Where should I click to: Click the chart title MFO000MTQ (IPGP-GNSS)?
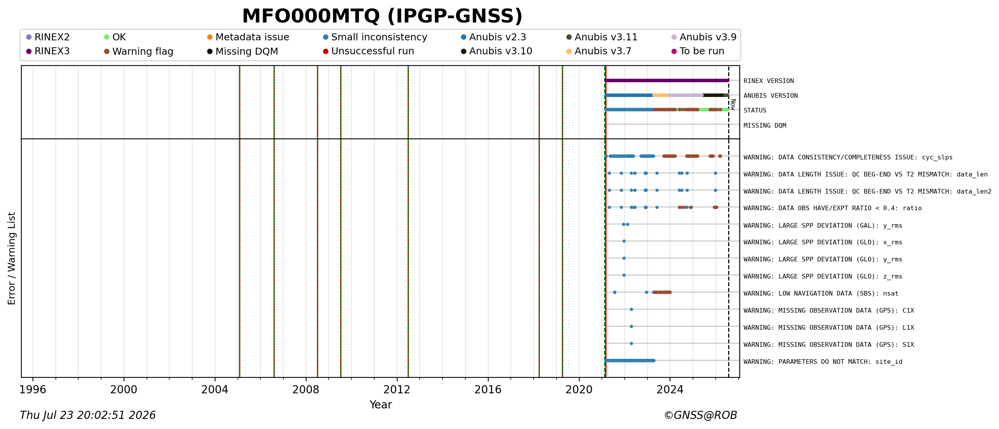tap(382, 16)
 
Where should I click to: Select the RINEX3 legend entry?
tap(48, 51)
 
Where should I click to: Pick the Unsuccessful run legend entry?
tap(369, 51)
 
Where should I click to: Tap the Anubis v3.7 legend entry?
tap(599, 51)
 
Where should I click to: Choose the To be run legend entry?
tap(698, 51)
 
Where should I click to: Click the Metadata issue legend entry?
tap(248, 37)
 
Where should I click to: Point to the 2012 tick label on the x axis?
tap(397, 389)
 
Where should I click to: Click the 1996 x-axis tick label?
tap(33, 389)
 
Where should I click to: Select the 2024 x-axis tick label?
tap(670, 389)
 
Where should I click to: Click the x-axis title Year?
tap(381, 405)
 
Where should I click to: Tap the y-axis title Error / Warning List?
tap(12, 258)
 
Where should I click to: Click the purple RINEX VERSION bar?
tap(667, 80)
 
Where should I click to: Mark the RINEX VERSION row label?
tap(769, 81)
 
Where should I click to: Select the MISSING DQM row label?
tap(765, 125)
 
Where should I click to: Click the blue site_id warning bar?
tap(630, 361)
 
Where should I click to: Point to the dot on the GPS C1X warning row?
tap(631, 310)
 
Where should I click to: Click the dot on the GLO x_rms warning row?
tap(624, 241)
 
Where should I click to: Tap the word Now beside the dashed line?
tap(733, 104)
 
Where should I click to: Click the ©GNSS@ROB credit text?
tap(700, 415)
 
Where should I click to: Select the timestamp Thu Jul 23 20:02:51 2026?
tap(88, 415)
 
